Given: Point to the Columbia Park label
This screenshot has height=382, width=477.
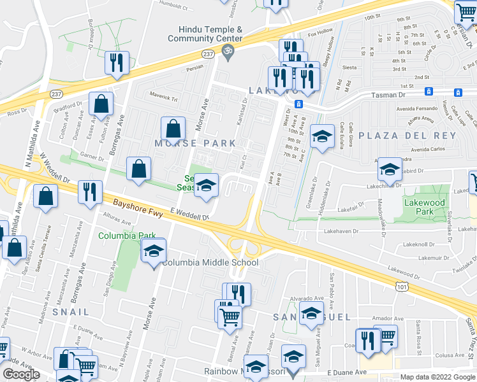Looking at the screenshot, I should coord(119,236).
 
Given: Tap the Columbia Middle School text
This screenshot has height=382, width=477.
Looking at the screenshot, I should coord(210,263).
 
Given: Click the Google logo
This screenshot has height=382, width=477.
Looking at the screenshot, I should coord(21,374).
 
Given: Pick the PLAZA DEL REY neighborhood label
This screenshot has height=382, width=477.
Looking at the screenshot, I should coord(407,136).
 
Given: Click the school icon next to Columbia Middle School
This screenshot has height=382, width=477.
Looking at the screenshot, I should coord(154,251).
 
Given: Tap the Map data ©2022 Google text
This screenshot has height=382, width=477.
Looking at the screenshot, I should coord(437,377).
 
